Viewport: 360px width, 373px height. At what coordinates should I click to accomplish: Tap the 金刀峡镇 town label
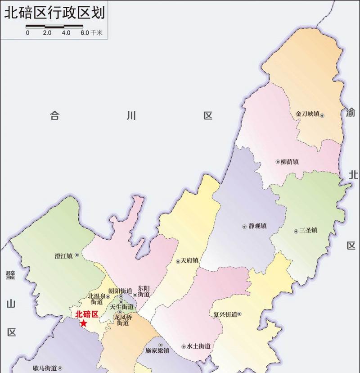[x=307, y=114]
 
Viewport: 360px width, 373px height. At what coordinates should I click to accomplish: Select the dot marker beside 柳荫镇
[x=277, y=162]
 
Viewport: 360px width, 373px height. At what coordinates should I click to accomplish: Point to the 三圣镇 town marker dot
[x=296, y=231]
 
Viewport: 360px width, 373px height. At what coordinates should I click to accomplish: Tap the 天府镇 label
[x=189, y=261]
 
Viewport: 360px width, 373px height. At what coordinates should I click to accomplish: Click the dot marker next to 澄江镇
[x=76, y=255]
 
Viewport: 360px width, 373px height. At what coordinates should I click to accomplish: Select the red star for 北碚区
[x=83, y=323]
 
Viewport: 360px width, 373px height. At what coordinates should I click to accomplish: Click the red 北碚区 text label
[x=87, y=314]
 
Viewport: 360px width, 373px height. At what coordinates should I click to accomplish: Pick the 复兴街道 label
[x=225, y=314]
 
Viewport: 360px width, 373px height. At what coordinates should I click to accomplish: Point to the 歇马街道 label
[x=45, y=368]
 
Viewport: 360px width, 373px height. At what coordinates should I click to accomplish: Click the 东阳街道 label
[x=144, y=291]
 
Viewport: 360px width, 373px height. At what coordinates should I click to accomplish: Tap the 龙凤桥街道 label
[x=125, y=320]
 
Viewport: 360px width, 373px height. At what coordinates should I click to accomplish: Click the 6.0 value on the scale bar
[x=85, y=32]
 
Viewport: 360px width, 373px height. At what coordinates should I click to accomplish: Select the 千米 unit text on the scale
[x=97, y=32]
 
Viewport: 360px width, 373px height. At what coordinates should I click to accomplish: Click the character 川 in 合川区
[x=131, y=116]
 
